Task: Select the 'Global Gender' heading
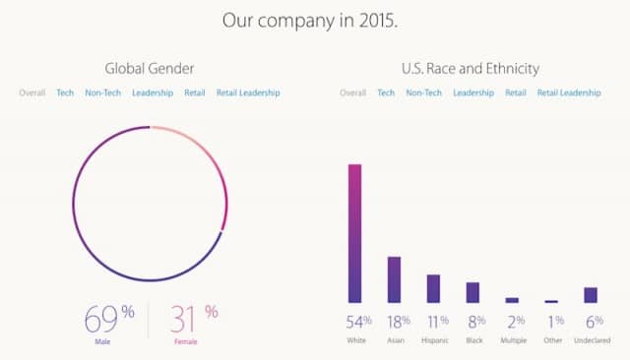[149, 68]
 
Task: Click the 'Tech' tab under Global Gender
[65, 92]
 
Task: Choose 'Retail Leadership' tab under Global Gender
[248, 92]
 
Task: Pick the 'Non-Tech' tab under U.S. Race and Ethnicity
[423, 92]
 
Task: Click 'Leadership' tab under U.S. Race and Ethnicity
[474, 92]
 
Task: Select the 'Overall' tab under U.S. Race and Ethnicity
[353, 92]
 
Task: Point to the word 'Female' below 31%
[187, 342]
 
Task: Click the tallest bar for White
[355, 233]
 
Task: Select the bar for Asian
[394, 279]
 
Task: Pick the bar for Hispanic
[433, 288]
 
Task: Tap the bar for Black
[472, 292]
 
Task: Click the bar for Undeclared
[591, 295]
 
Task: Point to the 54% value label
[356, 321]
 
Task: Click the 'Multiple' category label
[512, 341]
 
